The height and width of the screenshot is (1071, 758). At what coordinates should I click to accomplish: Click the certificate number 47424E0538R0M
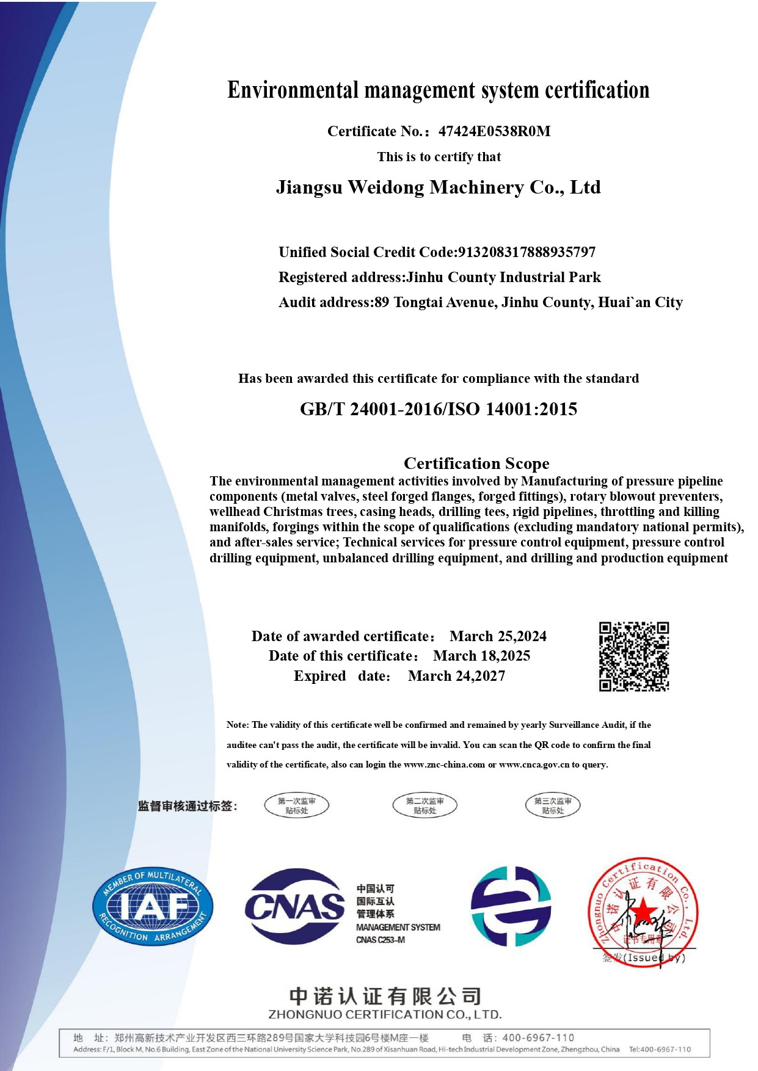[494, 131]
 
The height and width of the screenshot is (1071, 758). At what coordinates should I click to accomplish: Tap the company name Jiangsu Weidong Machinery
[438, 187]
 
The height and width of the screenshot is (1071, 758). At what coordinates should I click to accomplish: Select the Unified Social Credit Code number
[527, 252]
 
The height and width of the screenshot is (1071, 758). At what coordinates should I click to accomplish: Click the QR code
[633, 656]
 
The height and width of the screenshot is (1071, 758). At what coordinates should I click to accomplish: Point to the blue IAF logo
[153, 907]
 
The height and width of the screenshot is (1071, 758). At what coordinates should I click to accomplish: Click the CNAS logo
[294, 907]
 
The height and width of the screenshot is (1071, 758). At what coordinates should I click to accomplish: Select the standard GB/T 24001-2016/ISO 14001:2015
[438, 409]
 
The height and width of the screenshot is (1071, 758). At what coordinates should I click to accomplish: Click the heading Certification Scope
[476, 463]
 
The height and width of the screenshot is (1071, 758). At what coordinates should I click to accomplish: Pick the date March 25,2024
[498, 636]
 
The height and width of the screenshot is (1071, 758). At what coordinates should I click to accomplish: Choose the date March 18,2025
[481, 656]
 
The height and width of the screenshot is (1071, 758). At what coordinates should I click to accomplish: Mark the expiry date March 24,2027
[456, 676]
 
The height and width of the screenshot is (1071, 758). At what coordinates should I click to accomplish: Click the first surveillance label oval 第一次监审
[297, 805]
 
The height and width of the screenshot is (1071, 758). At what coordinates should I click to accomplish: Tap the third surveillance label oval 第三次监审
[553, 805]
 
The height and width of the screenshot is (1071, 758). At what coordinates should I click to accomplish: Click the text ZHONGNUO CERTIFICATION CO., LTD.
[385, 1015]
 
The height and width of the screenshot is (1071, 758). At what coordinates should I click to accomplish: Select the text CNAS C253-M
[381, 940]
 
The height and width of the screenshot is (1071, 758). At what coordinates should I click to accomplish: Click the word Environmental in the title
[294, 90]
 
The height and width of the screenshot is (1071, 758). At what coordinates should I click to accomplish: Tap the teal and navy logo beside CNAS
[511, 906]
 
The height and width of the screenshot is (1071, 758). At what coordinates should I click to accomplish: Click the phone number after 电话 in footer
[538, 1037]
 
